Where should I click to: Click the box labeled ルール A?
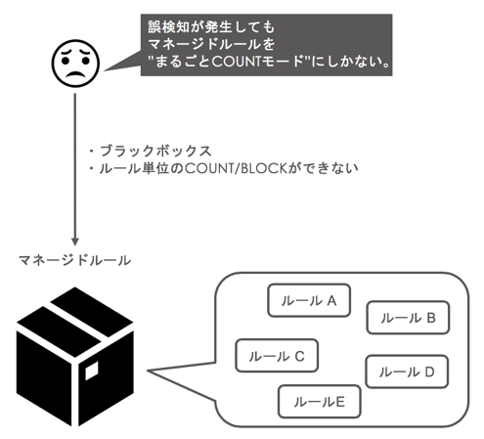point(309,300)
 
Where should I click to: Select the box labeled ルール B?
point(408,318)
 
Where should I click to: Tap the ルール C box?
point(277,356)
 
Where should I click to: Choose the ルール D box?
point(407,372)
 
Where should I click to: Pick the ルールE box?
point(320,402)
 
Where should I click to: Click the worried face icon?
point(75,64)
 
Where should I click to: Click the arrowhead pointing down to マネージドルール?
point(75,241)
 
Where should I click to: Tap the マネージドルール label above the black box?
point(74,261)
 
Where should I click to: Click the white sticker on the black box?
point(92,371)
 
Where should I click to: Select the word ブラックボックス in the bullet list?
point(155,151)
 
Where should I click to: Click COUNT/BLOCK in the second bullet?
point(236,168)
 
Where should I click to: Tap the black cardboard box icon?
point(75,357)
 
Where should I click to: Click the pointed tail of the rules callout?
point(149,371)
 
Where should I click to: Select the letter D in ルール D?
point(429,372)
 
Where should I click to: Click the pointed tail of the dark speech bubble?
point(105,70)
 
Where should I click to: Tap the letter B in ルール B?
point(431,318)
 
